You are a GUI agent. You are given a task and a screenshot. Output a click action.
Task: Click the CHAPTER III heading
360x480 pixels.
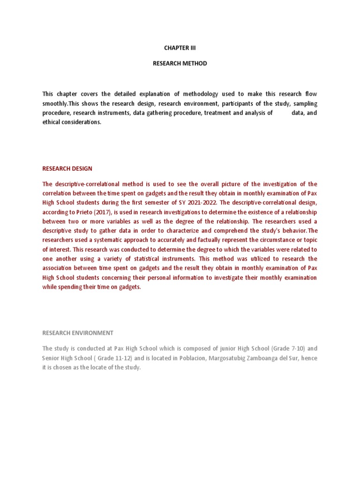(180, 47)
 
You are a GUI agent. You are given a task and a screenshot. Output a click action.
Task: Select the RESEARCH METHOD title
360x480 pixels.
(180, 63)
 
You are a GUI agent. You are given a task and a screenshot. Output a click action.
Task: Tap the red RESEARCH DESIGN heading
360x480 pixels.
(67, 168)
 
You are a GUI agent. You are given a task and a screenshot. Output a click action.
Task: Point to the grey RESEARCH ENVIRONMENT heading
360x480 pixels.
(78, 333)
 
